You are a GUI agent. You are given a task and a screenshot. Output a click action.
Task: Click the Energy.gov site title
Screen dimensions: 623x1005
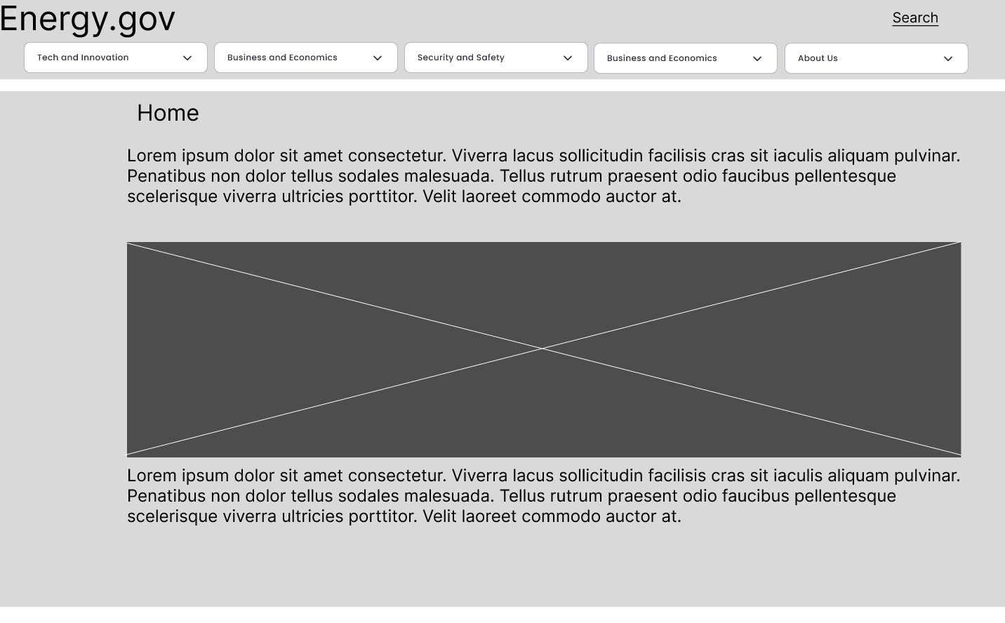pos(87,18)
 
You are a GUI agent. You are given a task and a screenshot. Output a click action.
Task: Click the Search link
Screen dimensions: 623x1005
pos(915,18)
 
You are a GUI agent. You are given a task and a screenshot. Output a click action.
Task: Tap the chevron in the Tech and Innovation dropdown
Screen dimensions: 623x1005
pos(187,58)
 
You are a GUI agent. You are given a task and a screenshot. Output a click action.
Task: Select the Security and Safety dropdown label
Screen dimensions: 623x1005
pos(460,58)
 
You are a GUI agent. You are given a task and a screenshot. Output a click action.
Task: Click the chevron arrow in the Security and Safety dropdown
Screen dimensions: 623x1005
pos(568,58)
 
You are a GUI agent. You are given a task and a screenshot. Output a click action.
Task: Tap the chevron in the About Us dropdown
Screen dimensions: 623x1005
pos(948,59)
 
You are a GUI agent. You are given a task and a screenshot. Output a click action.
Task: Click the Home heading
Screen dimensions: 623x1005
pos(168,113)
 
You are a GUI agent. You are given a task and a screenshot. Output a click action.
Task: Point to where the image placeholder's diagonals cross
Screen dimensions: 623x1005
pos(543,348)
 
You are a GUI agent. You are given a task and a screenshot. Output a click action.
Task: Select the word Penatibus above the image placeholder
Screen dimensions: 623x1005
pos(166,176)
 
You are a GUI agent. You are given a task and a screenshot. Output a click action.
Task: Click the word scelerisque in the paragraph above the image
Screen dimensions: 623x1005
pos(172,196)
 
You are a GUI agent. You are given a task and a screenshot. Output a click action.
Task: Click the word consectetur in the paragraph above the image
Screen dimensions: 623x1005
pos(397,156)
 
